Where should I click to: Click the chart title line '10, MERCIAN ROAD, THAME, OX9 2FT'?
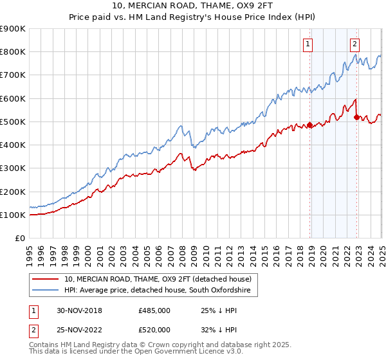(192, 7)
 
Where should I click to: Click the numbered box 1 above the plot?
(308, 44)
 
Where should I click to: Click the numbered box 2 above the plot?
(354, 44)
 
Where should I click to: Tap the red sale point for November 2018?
(309, 125)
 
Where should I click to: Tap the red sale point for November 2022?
(357, 116)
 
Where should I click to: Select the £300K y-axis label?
(13, 168)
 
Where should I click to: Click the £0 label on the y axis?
(19, 239)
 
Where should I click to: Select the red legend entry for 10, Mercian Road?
(161, 279)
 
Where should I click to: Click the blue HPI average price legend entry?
(161, 291)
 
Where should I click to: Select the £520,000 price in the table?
(154, 330)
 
